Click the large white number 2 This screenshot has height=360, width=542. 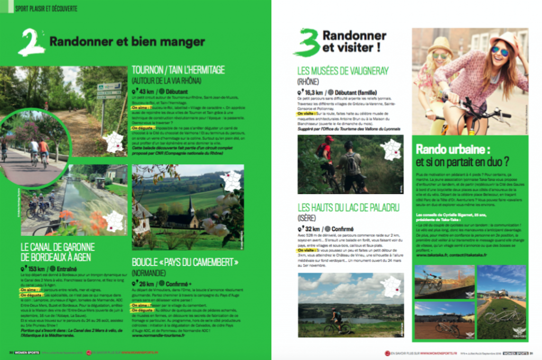tap(31, 42)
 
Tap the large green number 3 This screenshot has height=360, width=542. tap(307, 42)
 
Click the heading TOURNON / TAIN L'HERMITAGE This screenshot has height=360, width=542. tap(178, 70)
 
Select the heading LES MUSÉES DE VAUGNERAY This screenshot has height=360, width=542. tap(343, 70)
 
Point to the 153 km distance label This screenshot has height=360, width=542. tap(37, 268)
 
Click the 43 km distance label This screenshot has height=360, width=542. tap(144, 91)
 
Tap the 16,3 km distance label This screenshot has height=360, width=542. tap(313, 91)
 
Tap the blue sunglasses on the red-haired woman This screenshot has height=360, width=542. tap(499, 51)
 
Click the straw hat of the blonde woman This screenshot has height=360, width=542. tap(440, 44)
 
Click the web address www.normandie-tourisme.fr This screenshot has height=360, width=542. tap(158, 335)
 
